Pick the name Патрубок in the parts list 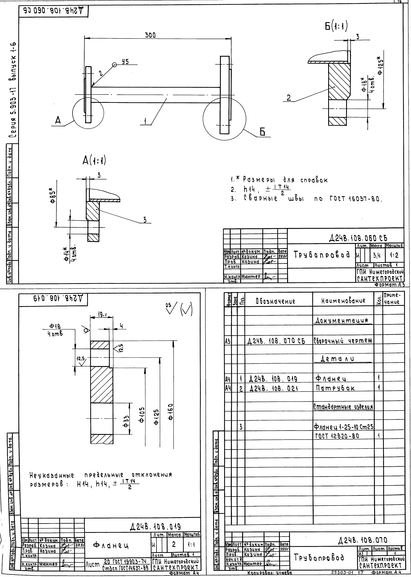(x=335, y=388)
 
